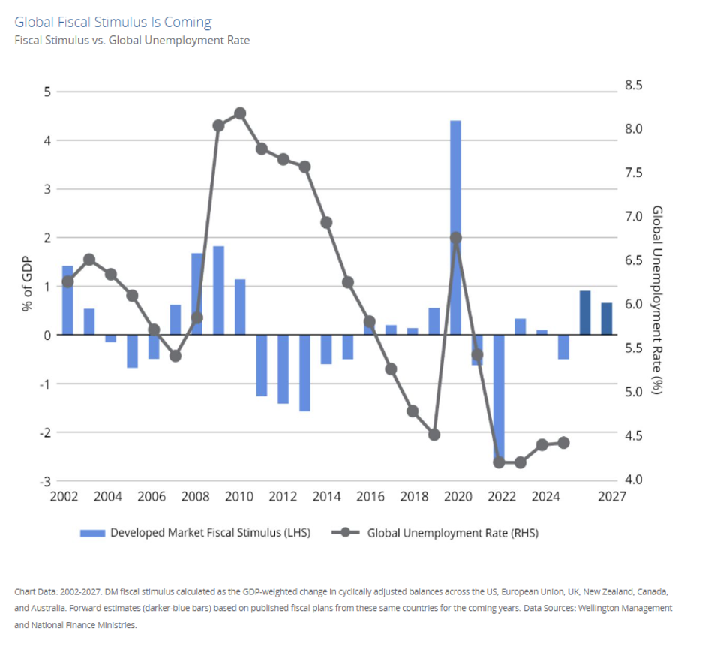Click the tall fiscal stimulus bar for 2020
coord(455,225)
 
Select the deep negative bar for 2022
coord(499,398)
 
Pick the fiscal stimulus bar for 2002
coord(67,300)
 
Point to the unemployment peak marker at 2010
coord(240,113)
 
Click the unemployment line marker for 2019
coord(433,435)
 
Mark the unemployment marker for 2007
coord(175,356)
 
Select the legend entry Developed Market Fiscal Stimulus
coord(195,533)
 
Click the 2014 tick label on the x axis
coord(326,496)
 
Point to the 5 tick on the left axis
coord(47,92)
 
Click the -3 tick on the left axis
coord(45,481)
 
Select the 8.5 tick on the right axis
coord(634,86)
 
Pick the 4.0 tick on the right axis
coord(634,480)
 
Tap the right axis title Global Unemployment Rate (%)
coord(657,300)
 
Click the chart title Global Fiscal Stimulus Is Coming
coord(113,22)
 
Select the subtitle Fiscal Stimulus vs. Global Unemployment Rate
coord(132,40)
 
